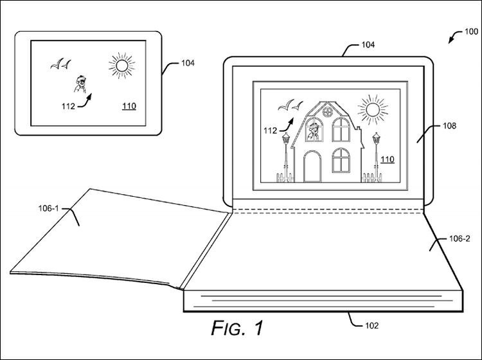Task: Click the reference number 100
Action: click(x=471, y=32)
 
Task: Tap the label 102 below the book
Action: click(x=371, y=325)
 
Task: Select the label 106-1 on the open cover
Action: click(x=48, y=208)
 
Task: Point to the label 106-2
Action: click(x=460, y=239)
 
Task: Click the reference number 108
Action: click(x=449, y=126)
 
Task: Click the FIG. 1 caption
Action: click(x=237, y=328)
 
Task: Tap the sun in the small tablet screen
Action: click(x=121, y=66)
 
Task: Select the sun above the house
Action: click(x=373, y=110)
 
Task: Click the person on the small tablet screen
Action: click(x=80, y=84)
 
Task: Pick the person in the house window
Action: click(x=314, y=132)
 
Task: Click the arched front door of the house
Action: click(x=312, y=166)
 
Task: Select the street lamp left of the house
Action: click(x=286, y=157)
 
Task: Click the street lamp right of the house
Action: click(x=376, y=157)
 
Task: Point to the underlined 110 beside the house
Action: click(x=388, y=159)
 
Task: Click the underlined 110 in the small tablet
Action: click(x=129, y=106)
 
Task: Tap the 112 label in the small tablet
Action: click(x=68, y=106)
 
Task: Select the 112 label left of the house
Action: click(x=270, y=131)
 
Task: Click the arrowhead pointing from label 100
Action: click(x=451, y=40)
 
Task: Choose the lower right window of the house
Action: click(x=341, y=160)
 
